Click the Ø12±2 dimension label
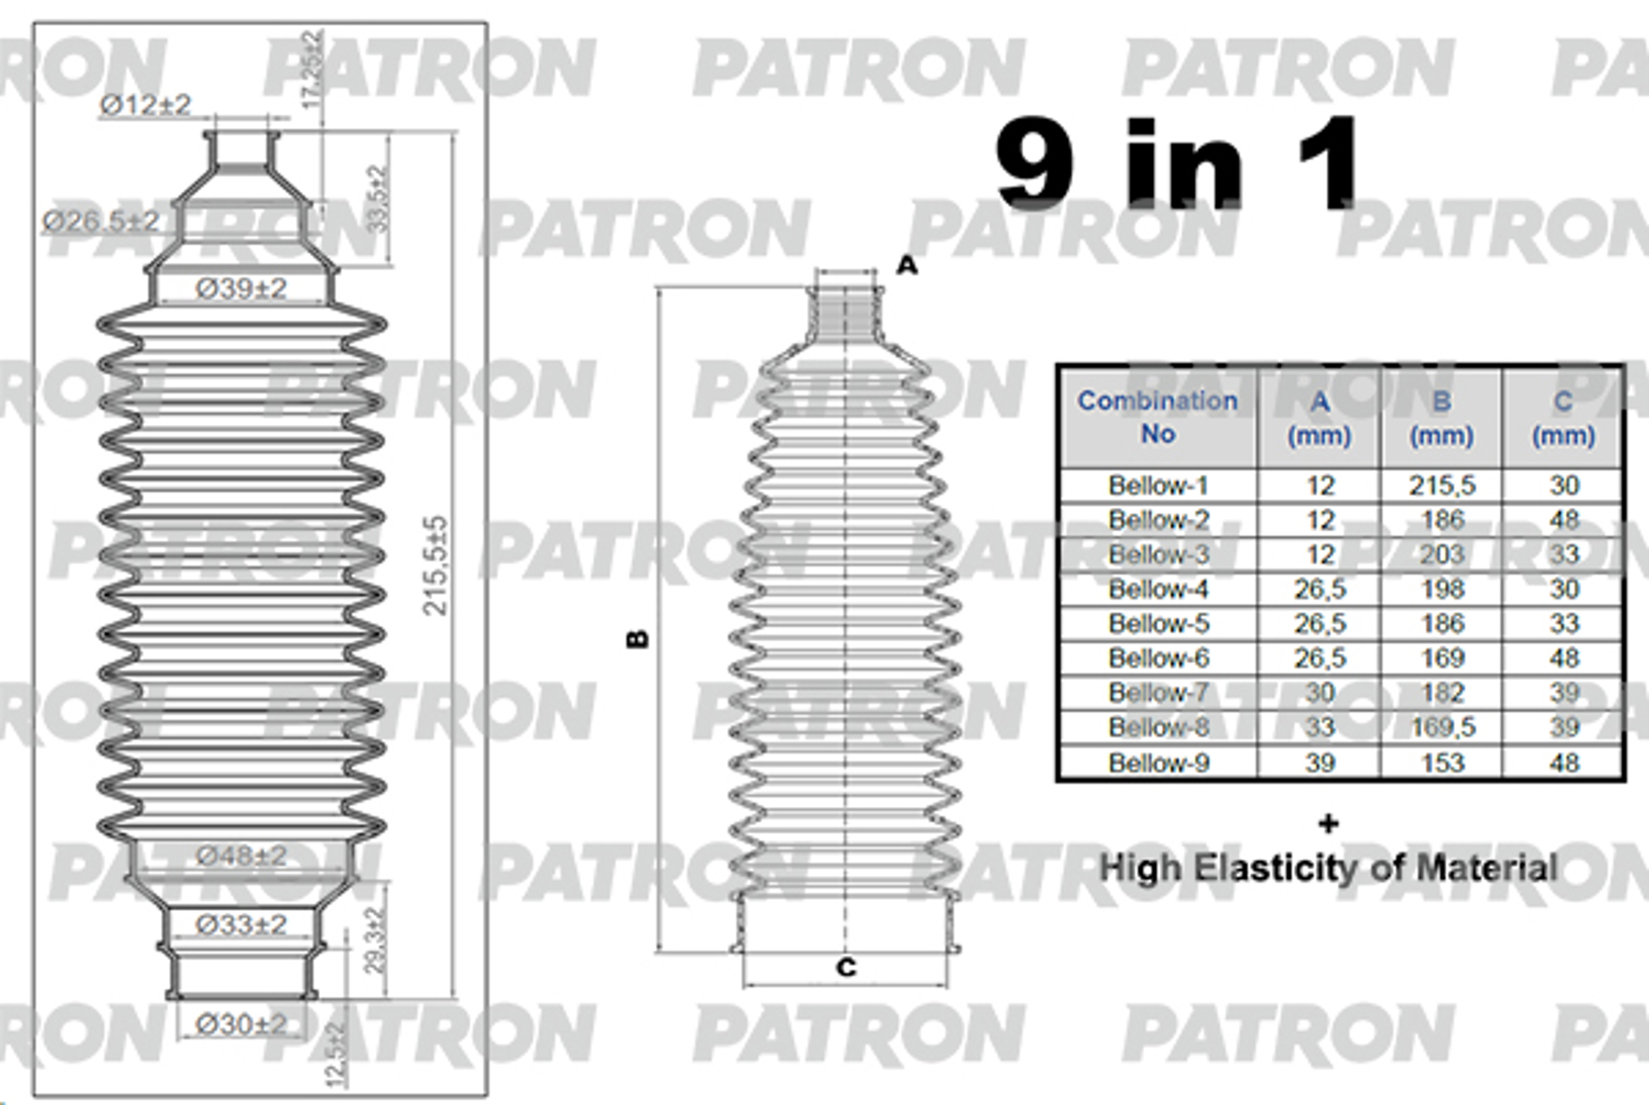(145, 105)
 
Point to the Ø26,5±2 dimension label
(102, 221)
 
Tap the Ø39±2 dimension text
(241, 288)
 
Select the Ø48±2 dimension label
(241, 856)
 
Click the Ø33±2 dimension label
(241, 924)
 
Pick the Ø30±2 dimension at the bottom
(241, 1024)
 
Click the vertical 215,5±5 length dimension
(436, 565)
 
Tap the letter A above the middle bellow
(907, 265)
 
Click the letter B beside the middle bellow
(638, 638)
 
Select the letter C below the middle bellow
(846, 968)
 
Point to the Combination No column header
(1157, 416)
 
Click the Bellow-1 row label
(1158, 486)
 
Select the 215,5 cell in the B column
(1442, 486)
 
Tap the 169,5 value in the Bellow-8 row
(1442, 727)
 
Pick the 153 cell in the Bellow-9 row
(1442, 763)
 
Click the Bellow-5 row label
(1158, 624)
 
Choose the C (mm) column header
(1563, 418)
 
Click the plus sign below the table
(1328, 823)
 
